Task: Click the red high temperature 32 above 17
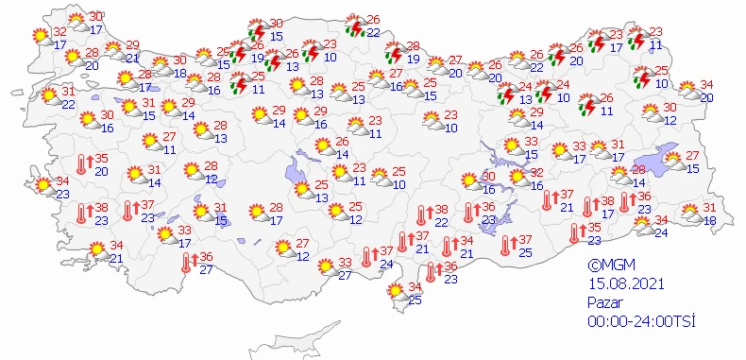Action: (x=59, y=32)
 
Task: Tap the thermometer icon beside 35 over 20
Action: (x=83, y=163)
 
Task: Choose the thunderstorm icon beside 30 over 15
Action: (x=256, y=31)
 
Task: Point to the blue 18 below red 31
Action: (x=709, y=220)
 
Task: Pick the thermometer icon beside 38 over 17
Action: (x=589, y=207)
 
